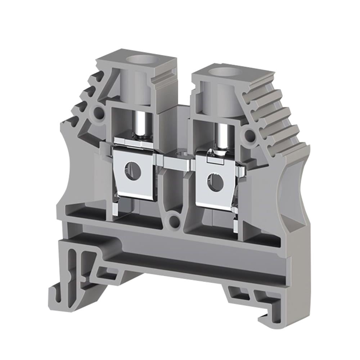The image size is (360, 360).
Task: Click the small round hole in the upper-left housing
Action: click(98, 113)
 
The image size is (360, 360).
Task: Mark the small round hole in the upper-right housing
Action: click(249, 135)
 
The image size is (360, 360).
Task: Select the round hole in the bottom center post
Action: click(175, 221)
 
